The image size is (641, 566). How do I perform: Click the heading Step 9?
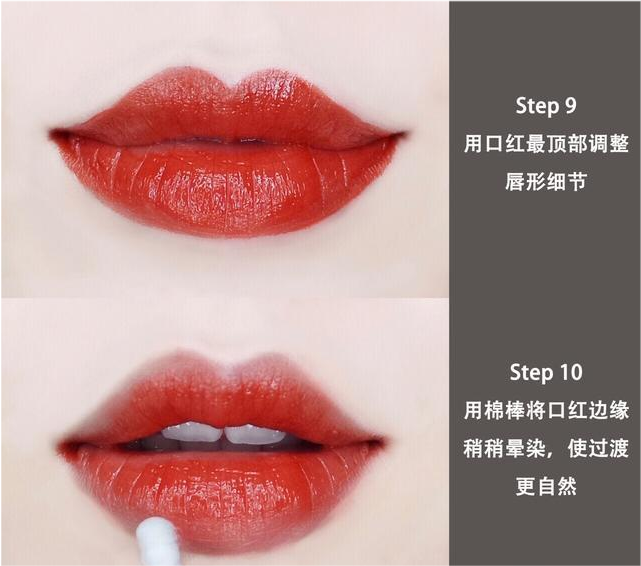pyautogui.click(x=546, y=106)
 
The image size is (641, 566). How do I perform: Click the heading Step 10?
pyautogui.click(x=546, y=372)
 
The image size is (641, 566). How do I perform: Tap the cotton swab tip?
pyautogui.click(x=157, y=540)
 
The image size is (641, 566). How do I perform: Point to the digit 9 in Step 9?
pyautogui.click(x=571, y=106)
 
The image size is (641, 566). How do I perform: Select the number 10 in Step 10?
pyautogui.click(x=571, y=372)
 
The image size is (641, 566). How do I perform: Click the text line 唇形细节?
pyautogui.click(x=546, y=181)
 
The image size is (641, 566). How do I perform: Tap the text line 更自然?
pyautogui.click(x=546, y=486)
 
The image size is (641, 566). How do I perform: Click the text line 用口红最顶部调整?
pyautogui.click(x=546, y=144)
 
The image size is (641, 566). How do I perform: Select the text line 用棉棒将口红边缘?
pyautogui.click(x=546, y=410)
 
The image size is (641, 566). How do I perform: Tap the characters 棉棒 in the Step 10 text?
pyautogui.click(x=505, y=410)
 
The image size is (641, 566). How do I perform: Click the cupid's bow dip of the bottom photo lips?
pyautogui.click(x=229, y=373)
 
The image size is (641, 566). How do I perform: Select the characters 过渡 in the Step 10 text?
pyautogui.click(x=608, y=448)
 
